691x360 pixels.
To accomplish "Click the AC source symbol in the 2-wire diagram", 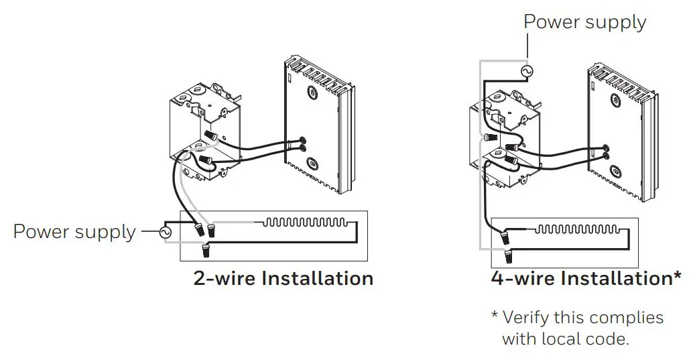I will (164, 233).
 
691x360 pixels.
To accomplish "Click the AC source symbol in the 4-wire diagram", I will (527, 70).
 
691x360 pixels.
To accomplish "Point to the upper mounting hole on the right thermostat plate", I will (615, 101).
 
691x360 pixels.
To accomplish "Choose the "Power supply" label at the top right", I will (584, 21).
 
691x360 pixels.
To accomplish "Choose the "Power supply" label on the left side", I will (74, 233).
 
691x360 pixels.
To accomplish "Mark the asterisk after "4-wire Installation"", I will (677, 276).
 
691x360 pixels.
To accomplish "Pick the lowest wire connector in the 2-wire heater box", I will (206, 251).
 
